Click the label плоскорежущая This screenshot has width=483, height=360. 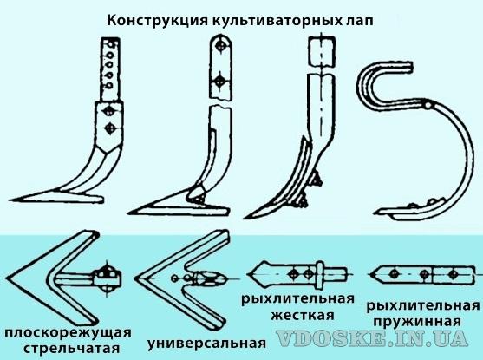[69, 334]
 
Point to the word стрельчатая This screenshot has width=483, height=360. [72, 349]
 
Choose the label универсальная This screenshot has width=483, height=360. [206, 344]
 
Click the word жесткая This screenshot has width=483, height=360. [303, 315]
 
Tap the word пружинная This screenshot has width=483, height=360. [417, 322]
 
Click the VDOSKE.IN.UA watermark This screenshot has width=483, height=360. [372, 338]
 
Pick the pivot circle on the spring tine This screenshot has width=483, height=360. [428, 106]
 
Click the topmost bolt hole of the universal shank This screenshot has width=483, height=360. [221, 46]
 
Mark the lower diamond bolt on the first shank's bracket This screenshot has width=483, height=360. [109, 128]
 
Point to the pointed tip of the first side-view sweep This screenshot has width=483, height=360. [10, 200]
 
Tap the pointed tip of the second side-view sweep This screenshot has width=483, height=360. [128, 212]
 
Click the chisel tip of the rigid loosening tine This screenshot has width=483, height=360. [245, 218]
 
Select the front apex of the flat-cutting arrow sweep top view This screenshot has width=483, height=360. [7, 278]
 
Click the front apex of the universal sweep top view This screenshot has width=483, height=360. [135, 278]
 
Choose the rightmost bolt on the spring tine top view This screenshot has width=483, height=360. [453, 274]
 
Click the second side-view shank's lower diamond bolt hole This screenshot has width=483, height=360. [220, 82]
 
